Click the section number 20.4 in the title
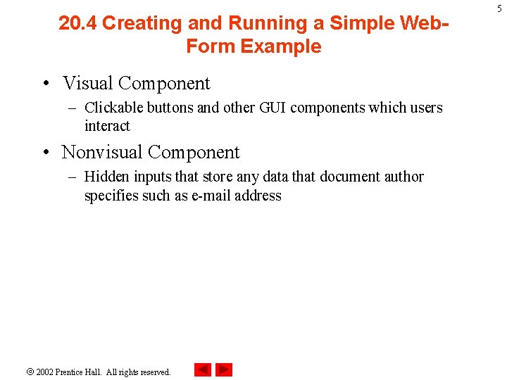pyautogui.click(x=77, y=23)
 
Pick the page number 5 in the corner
pyautogui.click(x=499, y=8)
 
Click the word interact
pyautogui.click(x=107, y=126)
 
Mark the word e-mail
pyautogui.click(x=211, y=196)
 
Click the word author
pyautogui.click(x=403, y=177)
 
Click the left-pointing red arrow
pyautogui.click(x=202, y=369)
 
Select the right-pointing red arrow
pyautogui.click(x=224, y=369)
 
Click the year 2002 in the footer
pyautogui.click(x=45, y=372)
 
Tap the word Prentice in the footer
pyautogui.click(x=72, y=372)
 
